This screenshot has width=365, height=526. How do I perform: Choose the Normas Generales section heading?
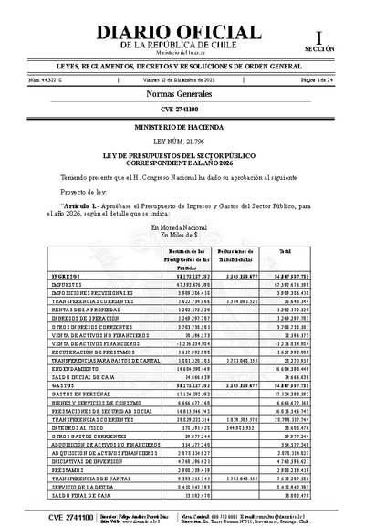click(182, 95)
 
